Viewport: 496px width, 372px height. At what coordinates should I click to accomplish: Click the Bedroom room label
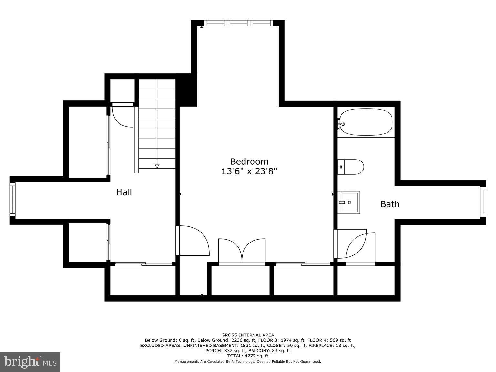click(x=249, y=161)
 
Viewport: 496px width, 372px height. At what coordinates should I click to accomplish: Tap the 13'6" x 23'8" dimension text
click(x=249, y=171)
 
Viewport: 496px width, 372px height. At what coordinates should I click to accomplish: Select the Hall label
click(x=124, y=192)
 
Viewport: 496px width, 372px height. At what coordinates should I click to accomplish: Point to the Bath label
click(x=390, y=204)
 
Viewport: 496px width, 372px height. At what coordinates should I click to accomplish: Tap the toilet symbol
click(x=351, y=167)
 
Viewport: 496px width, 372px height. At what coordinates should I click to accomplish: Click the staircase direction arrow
click(x=157, y=166)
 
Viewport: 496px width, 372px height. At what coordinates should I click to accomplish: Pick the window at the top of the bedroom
click(x=239, y=23)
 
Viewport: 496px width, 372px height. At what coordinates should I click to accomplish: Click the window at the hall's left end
click(x=13, y=200)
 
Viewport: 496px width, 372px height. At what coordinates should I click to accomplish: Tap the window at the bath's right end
click(x=483, y=202)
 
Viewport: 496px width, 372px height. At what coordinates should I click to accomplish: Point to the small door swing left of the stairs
click(x=122, y=116)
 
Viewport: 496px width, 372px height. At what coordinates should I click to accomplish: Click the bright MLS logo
click(x=30, y=362)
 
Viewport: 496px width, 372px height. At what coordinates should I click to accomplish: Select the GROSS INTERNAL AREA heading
click(x=248, y=335)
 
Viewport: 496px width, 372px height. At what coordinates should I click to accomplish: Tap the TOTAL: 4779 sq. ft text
click(x=248, y=356)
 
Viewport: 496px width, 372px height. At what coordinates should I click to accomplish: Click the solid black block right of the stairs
click(x=187, y=90)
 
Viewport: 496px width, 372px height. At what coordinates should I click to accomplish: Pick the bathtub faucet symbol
click(x=341, y=124)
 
